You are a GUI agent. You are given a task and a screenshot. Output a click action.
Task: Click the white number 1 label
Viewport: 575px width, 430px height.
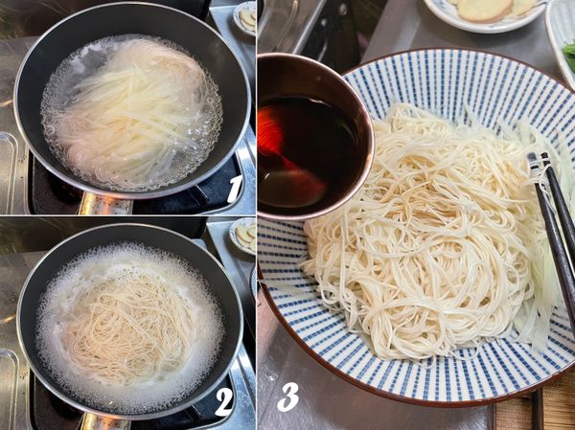pos(235,189)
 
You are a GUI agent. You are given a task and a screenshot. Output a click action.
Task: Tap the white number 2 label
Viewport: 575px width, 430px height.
pos(224,402)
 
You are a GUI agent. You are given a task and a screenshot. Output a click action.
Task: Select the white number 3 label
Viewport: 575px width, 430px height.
pos(287,396)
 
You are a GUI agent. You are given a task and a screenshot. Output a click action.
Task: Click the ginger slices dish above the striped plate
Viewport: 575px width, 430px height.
pos(484,12)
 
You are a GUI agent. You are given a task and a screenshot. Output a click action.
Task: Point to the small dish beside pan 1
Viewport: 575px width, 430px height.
pos(245,17)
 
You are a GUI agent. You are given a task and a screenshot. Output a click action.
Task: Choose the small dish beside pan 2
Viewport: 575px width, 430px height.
pos(243,236)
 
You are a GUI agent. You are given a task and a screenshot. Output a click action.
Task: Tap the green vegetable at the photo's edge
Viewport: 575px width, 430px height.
pos(569,55)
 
